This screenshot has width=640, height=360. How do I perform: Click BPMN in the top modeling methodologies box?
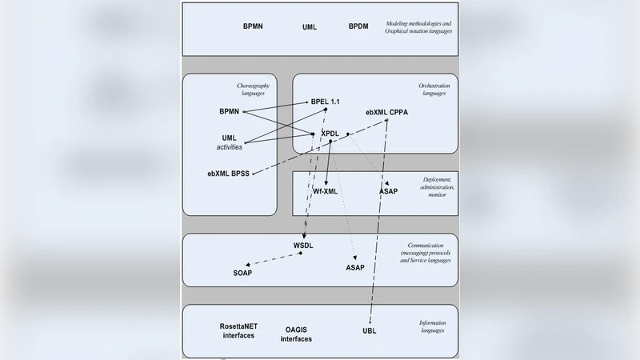click(253, 26)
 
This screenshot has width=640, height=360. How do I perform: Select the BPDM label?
click(358, 26)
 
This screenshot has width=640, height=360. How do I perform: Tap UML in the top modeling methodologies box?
click(309, 26)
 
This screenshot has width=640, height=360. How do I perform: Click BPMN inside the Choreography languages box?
click(229, 110)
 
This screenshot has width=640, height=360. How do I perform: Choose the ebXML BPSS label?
click(228, 174)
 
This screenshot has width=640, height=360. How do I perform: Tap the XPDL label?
click(331, 133)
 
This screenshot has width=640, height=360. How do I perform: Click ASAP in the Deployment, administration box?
click(388, 192)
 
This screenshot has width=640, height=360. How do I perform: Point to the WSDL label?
click(302, 244)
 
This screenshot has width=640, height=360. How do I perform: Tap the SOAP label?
click(242, 273)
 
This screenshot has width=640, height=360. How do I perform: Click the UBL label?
click(369, 330)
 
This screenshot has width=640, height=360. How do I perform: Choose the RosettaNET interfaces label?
click(238, 330)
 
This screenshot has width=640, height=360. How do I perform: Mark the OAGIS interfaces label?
click(296, 334)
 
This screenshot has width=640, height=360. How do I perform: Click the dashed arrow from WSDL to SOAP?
click(274, 258)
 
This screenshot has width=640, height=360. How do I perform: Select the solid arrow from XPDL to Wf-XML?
click(329, 163)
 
